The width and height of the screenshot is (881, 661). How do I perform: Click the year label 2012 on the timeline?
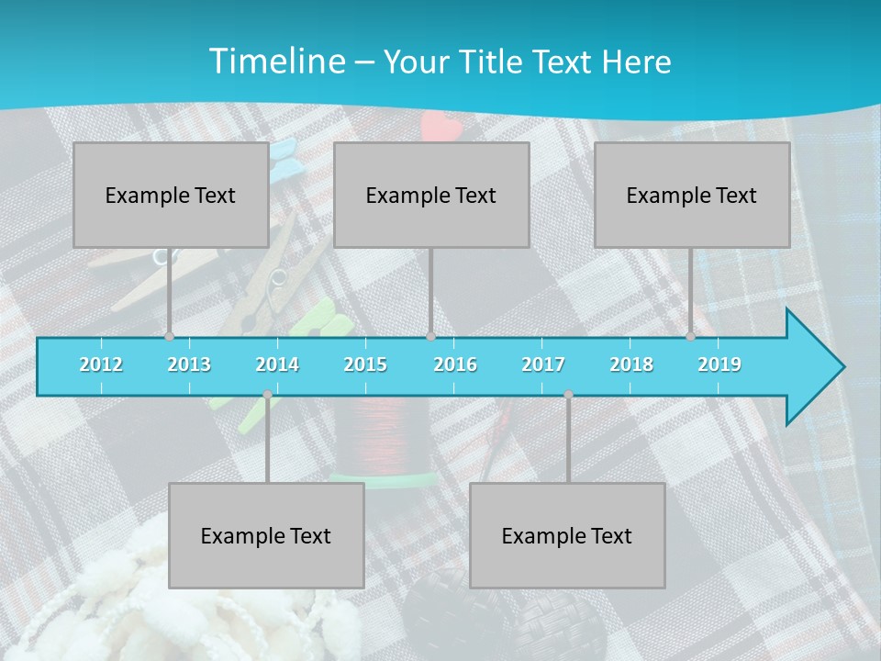click(101, 364)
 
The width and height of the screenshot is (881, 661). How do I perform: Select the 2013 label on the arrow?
click(189, 364)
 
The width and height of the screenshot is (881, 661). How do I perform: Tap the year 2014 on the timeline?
click(277, 364)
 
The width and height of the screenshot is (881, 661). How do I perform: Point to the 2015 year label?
click(365, 364)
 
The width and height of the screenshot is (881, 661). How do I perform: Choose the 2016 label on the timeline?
click(455, 364)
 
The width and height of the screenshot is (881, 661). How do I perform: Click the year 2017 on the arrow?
click(543, 364)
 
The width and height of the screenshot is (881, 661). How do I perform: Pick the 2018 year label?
click(631, 364)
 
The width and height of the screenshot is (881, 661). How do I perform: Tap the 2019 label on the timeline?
click(719, 364)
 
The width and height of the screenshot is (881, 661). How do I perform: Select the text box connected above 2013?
click(171, 195)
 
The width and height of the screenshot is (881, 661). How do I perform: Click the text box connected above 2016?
click(431, 195)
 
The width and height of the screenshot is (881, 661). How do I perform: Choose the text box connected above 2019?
click(692, 195)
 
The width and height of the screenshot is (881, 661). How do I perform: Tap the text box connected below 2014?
click(266, 535)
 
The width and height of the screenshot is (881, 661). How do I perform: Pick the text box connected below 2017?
click(567, 535)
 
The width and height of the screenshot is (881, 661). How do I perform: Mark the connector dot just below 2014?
click(267, 395)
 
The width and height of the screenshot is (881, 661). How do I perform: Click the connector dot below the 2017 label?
click(568, 395)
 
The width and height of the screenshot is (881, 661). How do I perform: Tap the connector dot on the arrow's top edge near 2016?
click(430, 337)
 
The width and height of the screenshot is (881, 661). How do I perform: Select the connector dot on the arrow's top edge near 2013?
click(169, 337)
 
